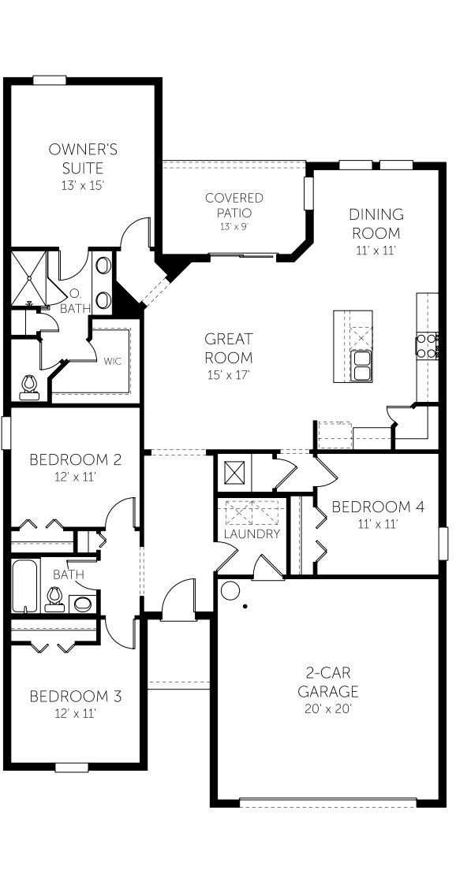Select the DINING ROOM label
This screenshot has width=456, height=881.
click(376, 224)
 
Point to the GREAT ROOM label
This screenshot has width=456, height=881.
click(229, 348)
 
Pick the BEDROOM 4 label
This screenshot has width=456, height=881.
click(378, 507)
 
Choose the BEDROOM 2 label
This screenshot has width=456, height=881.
click(75, 459)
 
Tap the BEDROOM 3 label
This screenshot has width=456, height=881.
click(75, 697)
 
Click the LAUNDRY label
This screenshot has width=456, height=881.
click(252, 533)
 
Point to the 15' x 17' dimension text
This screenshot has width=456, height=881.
click(229, 375)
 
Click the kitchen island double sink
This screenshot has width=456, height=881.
click(363, 364)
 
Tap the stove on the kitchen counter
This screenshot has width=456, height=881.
click(428, 345)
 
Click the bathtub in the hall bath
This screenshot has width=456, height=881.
click(24, 586)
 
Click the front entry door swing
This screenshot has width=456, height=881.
click(178, 597)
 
